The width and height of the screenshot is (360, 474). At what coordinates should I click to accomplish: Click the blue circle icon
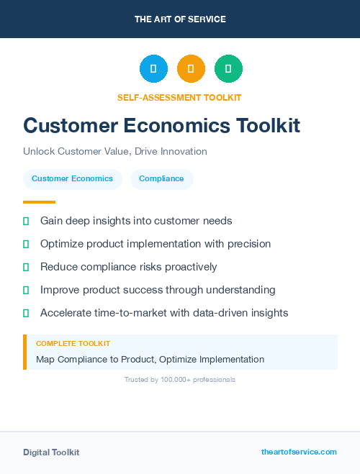tap(153, 69)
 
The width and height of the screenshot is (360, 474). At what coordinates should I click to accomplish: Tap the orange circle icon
tap(191, 69)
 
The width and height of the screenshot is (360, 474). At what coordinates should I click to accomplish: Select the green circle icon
tap(228, 69)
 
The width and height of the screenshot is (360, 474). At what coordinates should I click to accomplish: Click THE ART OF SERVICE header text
tap(180, 19)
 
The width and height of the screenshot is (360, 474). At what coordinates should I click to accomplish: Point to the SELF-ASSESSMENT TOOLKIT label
tap(179, 97)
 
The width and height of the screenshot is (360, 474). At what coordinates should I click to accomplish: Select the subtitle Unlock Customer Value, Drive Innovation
tap(115, 152)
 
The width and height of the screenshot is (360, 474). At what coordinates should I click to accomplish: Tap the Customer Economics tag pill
tap(72, 178)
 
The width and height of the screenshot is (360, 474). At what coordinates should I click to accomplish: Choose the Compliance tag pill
tap(161, 178)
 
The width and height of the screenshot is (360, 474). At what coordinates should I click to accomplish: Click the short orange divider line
tap(39, 202)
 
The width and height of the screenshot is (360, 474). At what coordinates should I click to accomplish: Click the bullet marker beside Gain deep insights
tap(26, 221)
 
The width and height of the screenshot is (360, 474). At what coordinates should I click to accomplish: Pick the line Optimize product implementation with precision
tap(156, 244)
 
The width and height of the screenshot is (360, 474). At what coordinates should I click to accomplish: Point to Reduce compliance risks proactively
tap(128, 267)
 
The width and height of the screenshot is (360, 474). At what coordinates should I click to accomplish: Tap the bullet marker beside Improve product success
tap(26, 290)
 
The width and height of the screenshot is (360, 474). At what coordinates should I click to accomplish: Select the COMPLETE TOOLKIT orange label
tap(73, 344)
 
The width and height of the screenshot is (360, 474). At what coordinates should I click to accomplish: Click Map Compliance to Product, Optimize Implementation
tap(150, 359)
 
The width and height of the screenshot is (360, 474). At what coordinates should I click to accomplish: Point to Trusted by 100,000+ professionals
tap(180, 379)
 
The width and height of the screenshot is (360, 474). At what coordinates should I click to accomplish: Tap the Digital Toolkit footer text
tap(51, 452)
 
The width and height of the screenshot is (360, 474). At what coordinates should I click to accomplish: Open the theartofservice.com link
tap(299, 452)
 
